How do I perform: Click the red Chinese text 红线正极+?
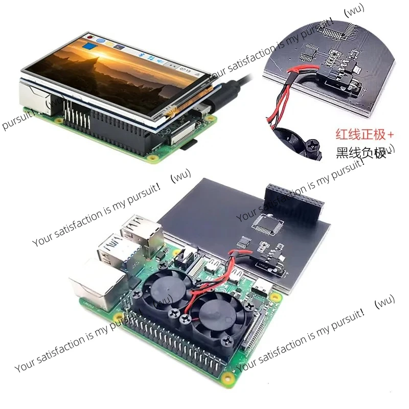[x=365, y=135]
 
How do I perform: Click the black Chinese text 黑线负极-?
[x=361, y=152]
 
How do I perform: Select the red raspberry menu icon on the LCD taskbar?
[x=90, y=37]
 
